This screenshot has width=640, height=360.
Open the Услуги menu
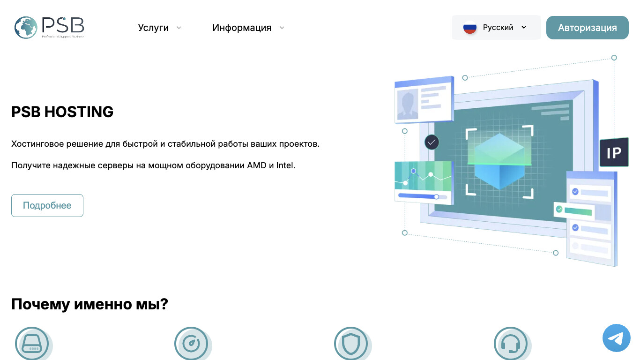coord(153,28)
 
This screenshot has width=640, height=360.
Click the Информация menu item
coord(242,28)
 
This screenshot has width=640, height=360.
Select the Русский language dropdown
coord(496,28)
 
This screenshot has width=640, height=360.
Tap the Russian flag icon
coord(469,28)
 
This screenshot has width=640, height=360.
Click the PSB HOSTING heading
coord(62,112)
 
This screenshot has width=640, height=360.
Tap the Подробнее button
coord(47,205)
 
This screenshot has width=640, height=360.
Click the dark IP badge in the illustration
coord(614,153)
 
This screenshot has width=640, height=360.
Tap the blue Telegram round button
coord(616,338)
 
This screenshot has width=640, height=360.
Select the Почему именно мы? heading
coord(89,304)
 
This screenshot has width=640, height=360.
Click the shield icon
coord(350,344)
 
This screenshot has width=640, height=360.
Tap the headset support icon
coord(510,344)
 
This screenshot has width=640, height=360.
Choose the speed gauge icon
coord(191,344)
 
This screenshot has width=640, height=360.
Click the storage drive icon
coord(32,344)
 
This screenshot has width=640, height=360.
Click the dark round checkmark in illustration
coord(432,142)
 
